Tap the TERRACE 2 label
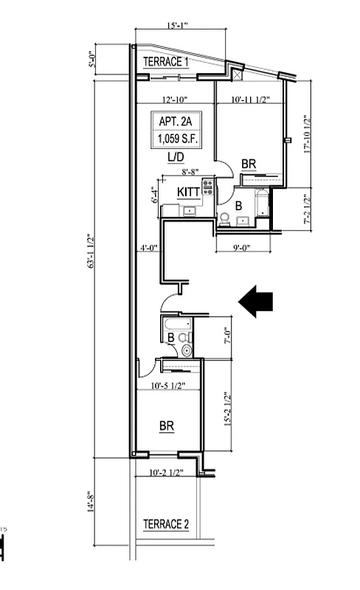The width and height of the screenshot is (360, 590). (x=165, y=524)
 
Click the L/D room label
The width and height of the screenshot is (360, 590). (x=175, y=157)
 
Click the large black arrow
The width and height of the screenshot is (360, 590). (x=256, y=301)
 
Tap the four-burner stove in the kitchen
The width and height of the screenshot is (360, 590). (x=208, y=187)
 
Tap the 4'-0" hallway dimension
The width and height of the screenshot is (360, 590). (x=148, y=249)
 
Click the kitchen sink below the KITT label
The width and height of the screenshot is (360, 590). (x=190, y=211)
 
